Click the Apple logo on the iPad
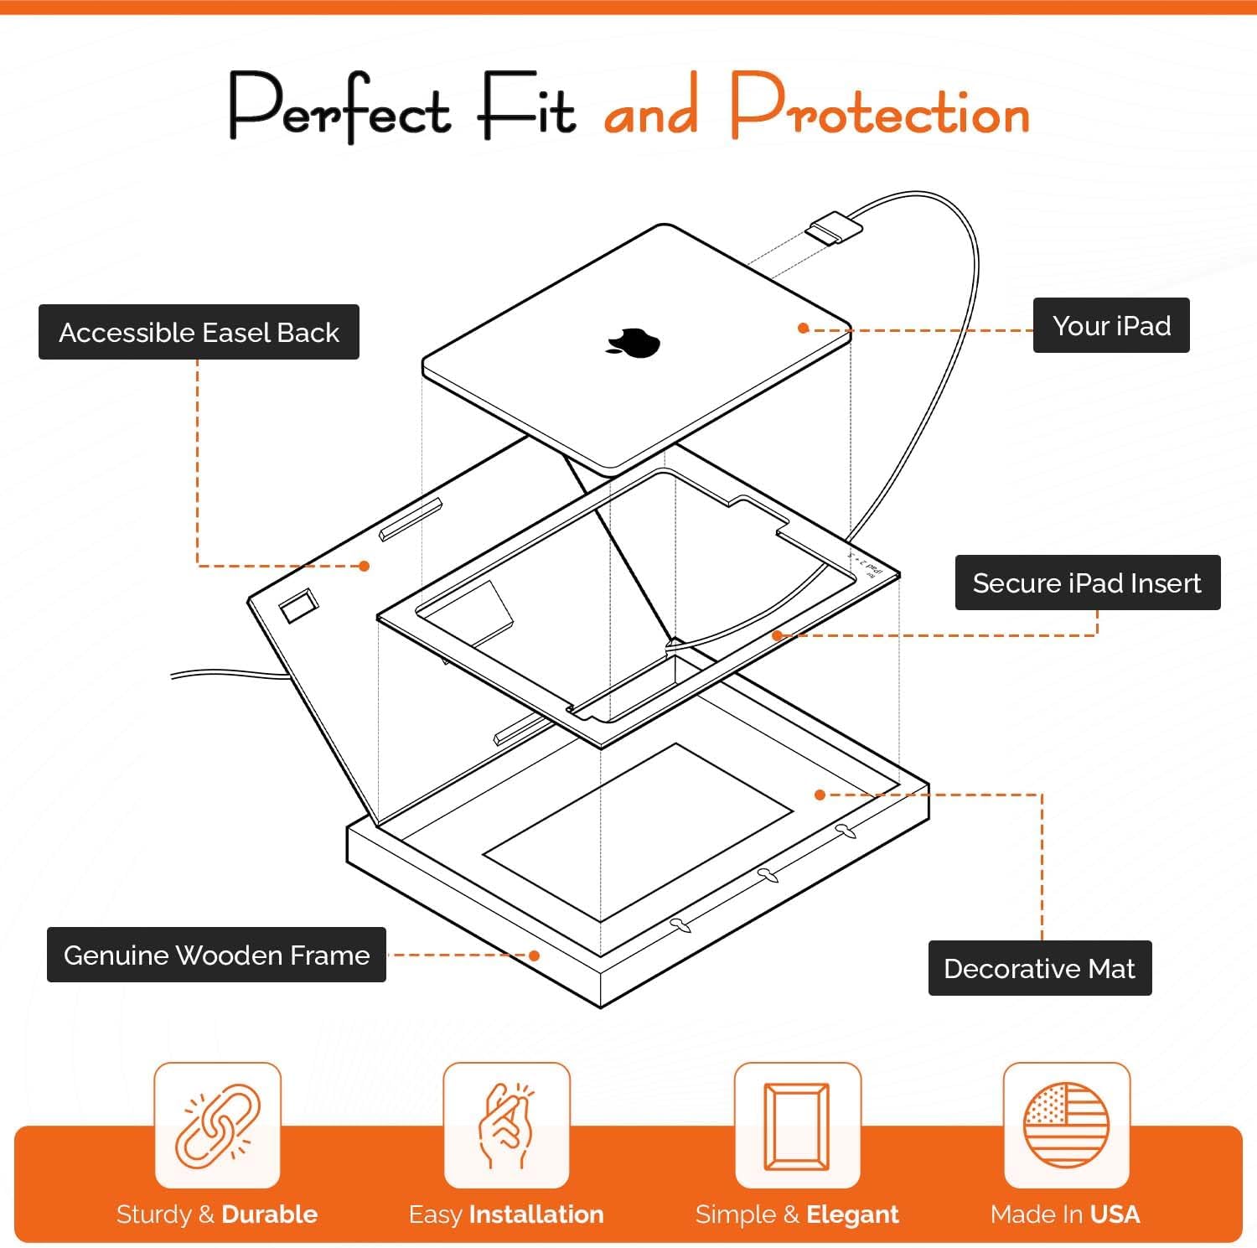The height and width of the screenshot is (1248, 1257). point(633,343)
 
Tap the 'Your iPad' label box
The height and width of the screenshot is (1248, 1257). point(1110,325)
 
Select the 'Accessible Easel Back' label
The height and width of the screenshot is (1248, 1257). point(199,332)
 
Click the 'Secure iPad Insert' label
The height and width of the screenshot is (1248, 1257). point(1087,583)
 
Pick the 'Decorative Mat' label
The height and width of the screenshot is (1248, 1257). point(1039,968)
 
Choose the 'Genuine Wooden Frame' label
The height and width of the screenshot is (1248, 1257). point(216,955)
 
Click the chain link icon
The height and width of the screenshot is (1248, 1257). point(217,1125)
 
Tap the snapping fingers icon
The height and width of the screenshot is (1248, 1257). point(506,1125)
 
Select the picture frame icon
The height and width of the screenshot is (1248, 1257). point(797,1125)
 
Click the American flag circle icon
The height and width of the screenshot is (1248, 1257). point(1066,1125)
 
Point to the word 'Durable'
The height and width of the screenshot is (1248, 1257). point(269,1214)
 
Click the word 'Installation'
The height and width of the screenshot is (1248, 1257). point(536,1214)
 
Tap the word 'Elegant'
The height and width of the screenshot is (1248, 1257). point(852,1214)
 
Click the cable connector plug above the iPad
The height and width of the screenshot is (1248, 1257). point(833,229)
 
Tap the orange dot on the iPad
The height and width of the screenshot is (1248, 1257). point(803,329)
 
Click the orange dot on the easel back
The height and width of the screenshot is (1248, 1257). point(364,567)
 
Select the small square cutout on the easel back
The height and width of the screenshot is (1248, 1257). point(299,606)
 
